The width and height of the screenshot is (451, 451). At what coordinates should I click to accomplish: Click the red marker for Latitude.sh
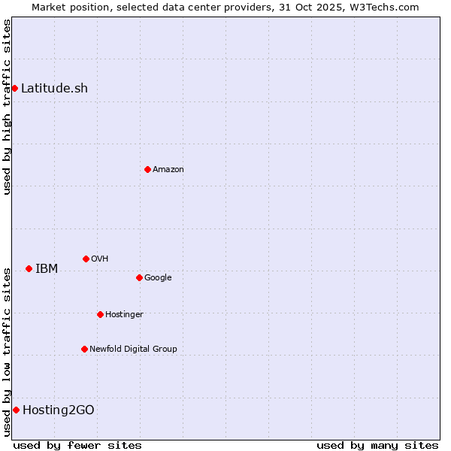(14, 89)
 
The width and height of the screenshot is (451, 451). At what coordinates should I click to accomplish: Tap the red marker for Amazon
(147, 169)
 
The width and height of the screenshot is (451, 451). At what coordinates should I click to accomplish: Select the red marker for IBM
(29, 268)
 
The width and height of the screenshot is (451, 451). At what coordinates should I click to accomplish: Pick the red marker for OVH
(86, 259)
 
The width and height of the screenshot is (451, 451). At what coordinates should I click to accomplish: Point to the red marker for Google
(139, 277)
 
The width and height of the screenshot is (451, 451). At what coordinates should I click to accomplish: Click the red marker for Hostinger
(100, 314)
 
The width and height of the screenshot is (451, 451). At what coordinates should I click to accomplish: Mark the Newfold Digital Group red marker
(84, 349)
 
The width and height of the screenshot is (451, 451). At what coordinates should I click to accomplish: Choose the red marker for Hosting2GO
(16, 410)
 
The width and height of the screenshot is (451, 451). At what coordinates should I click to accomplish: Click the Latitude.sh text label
(54, 89)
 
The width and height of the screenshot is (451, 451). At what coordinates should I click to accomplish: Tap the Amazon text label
(168, 170)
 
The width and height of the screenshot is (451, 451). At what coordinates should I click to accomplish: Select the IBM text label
(47, 269)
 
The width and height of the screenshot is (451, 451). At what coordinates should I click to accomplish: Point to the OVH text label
(100, 259)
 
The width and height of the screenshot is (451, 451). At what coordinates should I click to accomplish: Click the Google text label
(158, 278)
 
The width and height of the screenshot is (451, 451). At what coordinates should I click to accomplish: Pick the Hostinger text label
(124, 315)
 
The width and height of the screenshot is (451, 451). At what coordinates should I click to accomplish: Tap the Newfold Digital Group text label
(133, 350)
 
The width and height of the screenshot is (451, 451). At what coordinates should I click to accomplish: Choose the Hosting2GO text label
(59, 410)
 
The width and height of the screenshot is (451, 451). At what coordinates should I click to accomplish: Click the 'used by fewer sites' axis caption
(77, 445)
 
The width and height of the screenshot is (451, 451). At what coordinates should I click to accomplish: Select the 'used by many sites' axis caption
(377, 445)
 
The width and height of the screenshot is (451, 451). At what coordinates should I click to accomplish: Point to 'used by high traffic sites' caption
(7, 107)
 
